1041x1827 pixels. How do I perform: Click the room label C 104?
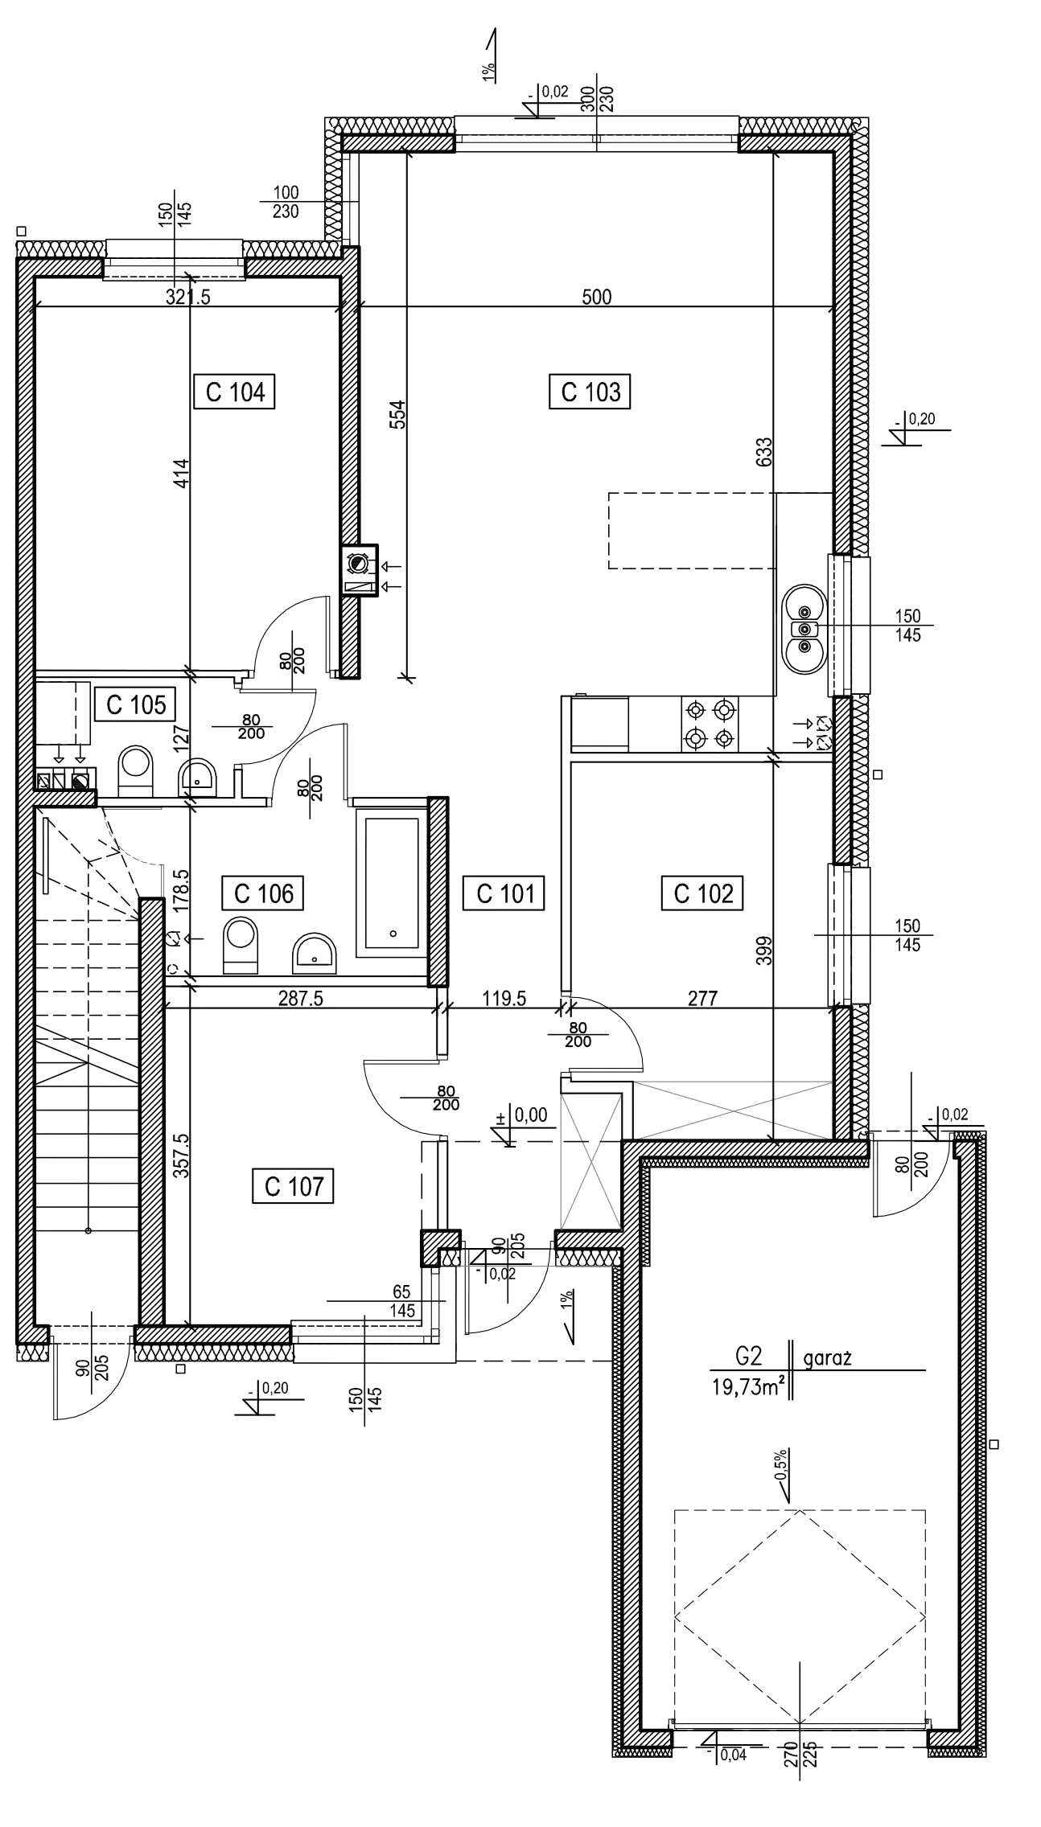coord(236,393)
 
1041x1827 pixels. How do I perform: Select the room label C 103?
coord(591,393)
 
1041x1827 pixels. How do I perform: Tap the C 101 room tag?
coord(502,894)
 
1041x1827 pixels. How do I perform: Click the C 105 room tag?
coord(136,704)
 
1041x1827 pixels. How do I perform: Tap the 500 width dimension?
coord(595,297)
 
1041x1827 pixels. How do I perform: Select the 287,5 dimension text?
coord(300,998)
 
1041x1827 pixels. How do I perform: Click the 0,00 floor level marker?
coord(530,1115)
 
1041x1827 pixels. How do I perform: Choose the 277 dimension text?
coord(704,998)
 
